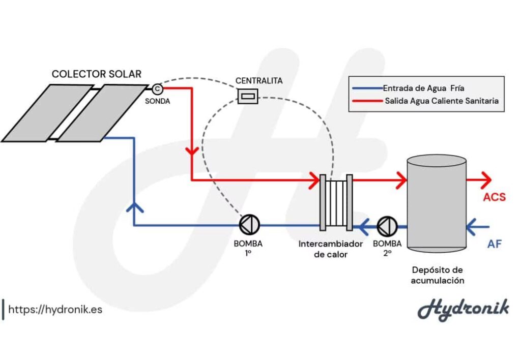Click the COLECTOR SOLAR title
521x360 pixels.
click(x=96, y=74)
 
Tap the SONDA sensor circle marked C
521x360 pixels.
click(x=157, y=89)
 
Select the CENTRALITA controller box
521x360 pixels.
click(x=248, y=96)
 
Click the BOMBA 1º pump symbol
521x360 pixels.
click(x=249, y=224)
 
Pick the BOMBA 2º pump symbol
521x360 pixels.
click(x=387, y=224)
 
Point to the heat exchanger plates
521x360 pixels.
click(x=336, y=202)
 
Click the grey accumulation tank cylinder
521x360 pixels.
click(x=437, y=203)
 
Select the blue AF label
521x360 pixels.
click(x=494, y=244)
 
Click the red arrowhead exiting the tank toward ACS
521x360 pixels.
click(x=485, y=179)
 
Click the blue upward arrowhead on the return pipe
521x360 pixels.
click(x=133, y=206)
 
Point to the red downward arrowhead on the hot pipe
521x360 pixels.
click(x=191, y=152)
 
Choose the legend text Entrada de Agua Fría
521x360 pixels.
click(x=423, y=88)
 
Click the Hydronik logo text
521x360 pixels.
click(x=463, y=309)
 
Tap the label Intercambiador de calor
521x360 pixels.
click(x=331, y=249)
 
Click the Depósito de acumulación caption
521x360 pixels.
click(x=438, y=275)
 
